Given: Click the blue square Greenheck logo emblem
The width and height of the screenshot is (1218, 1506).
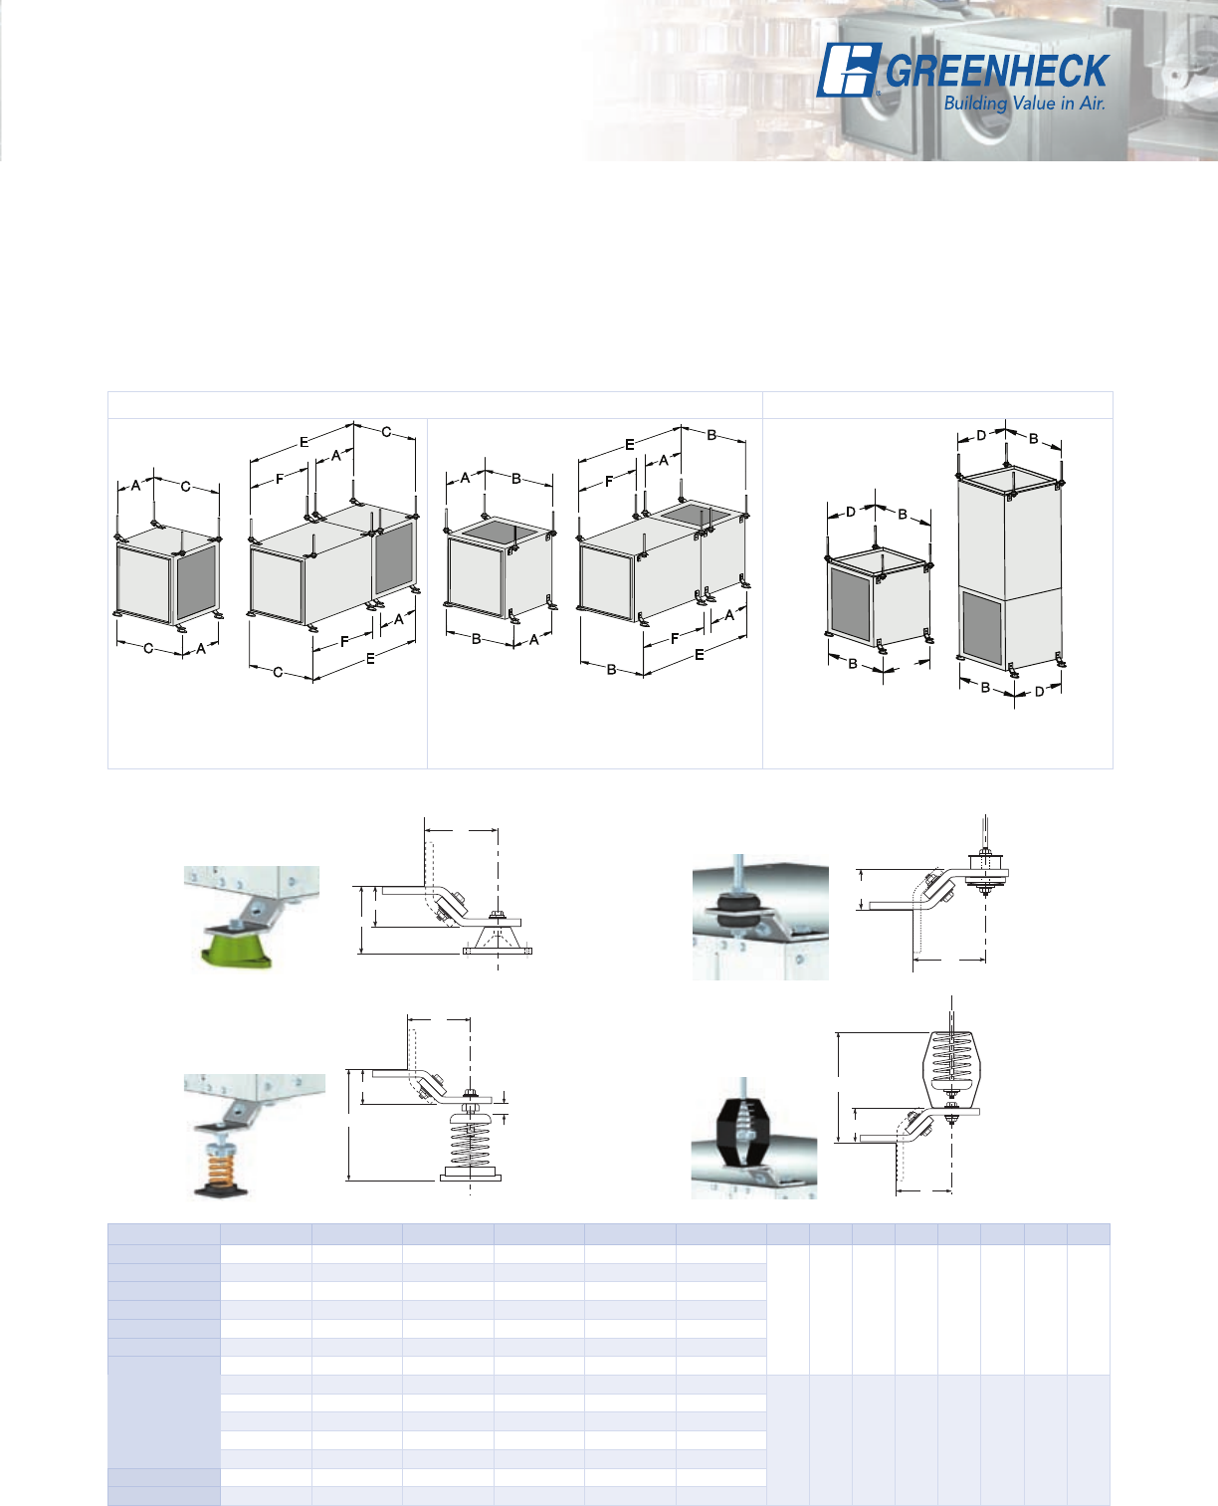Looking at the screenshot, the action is [848, 70].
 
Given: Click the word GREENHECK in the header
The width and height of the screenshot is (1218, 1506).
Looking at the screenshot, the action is [997, 71].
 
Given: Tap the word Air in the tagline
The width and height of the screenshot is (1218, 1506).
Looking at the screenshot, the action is [1093, 104].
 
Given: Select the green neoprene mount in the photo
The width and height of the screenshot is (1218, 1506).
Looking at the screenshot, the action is [237, 947].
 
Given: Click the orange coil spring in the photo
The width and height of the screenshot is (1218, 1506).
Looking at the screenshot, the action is [220, 1168].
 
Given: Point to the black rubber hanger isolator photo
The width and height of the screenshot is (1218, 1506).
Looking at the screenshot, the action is [739, 911].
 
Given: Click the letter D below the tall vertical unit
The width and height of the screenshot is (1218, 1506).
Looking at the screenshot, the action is [1039, 692].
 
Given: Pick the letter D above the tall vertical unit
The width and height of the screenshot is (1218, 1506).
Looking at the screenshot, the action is [980, 436].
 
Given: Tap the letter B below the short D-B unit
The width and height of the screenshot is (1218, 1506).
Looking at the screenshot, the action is [853, 664].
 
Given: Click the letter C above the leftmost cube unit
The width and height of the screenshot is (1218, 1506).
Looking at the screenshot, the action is [185, 487].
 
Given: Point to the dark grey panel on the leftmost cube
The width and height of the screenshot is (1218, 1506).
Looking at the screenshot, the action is [196, 581].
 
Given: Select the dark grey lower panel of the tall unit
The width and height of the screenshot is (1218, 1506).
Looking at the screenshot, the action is [982, 628].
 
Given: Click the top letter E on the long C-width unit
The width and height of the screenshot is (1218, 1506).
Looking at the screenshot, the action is [304, 442].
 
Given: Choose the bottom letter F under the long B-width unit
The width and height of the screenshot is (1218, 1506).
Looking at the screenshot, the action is [675, 638].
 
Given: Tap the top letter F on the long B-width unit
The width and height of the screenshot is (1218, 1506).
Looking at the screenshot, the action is [609, 482].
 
